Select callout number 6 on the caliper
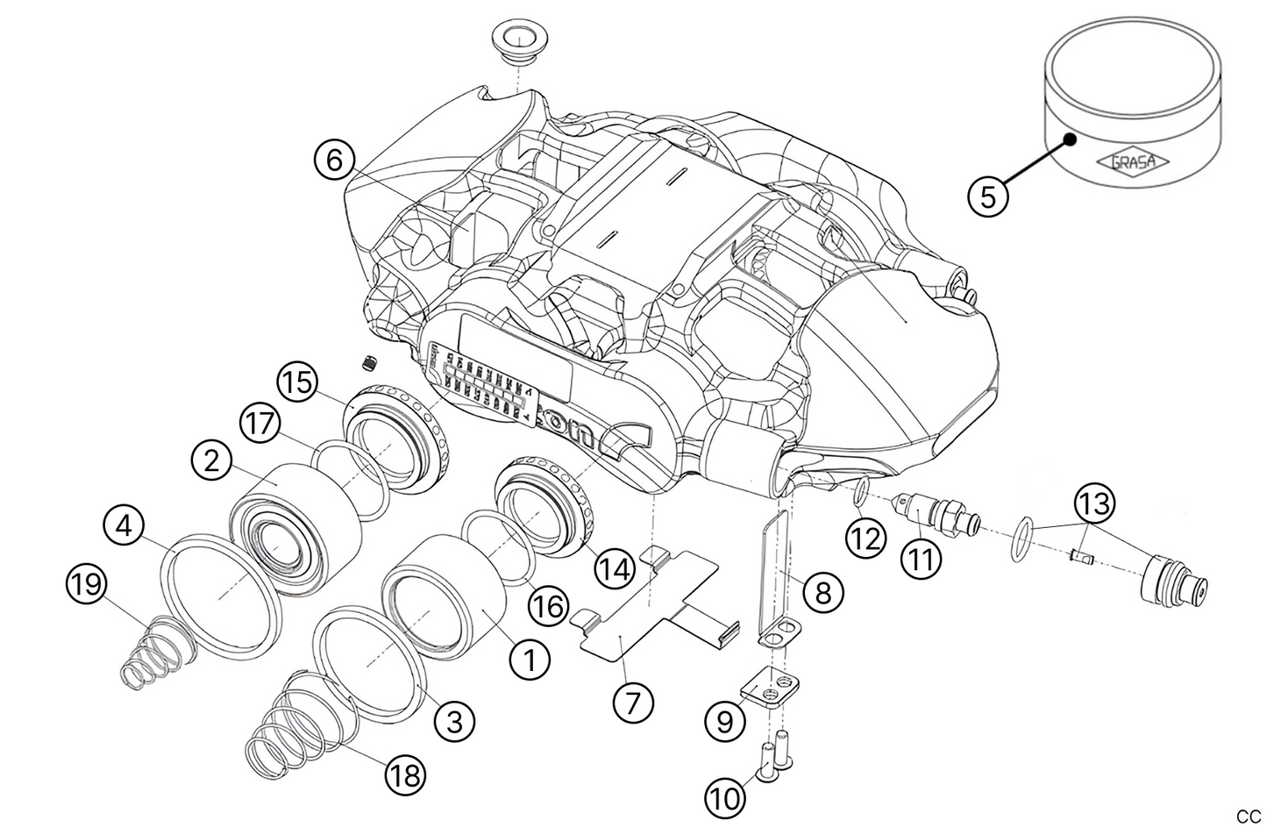click(334, 160)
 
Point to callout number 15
click(296, 384)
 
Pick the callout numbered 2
click(211, 461)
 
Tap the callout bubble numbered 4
click(124, 526)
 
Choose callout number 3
click(454, 721)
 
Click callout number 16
click(547, 605)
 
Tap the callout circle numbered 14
click(613, 569)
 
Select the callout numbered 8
click(822, 592)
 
